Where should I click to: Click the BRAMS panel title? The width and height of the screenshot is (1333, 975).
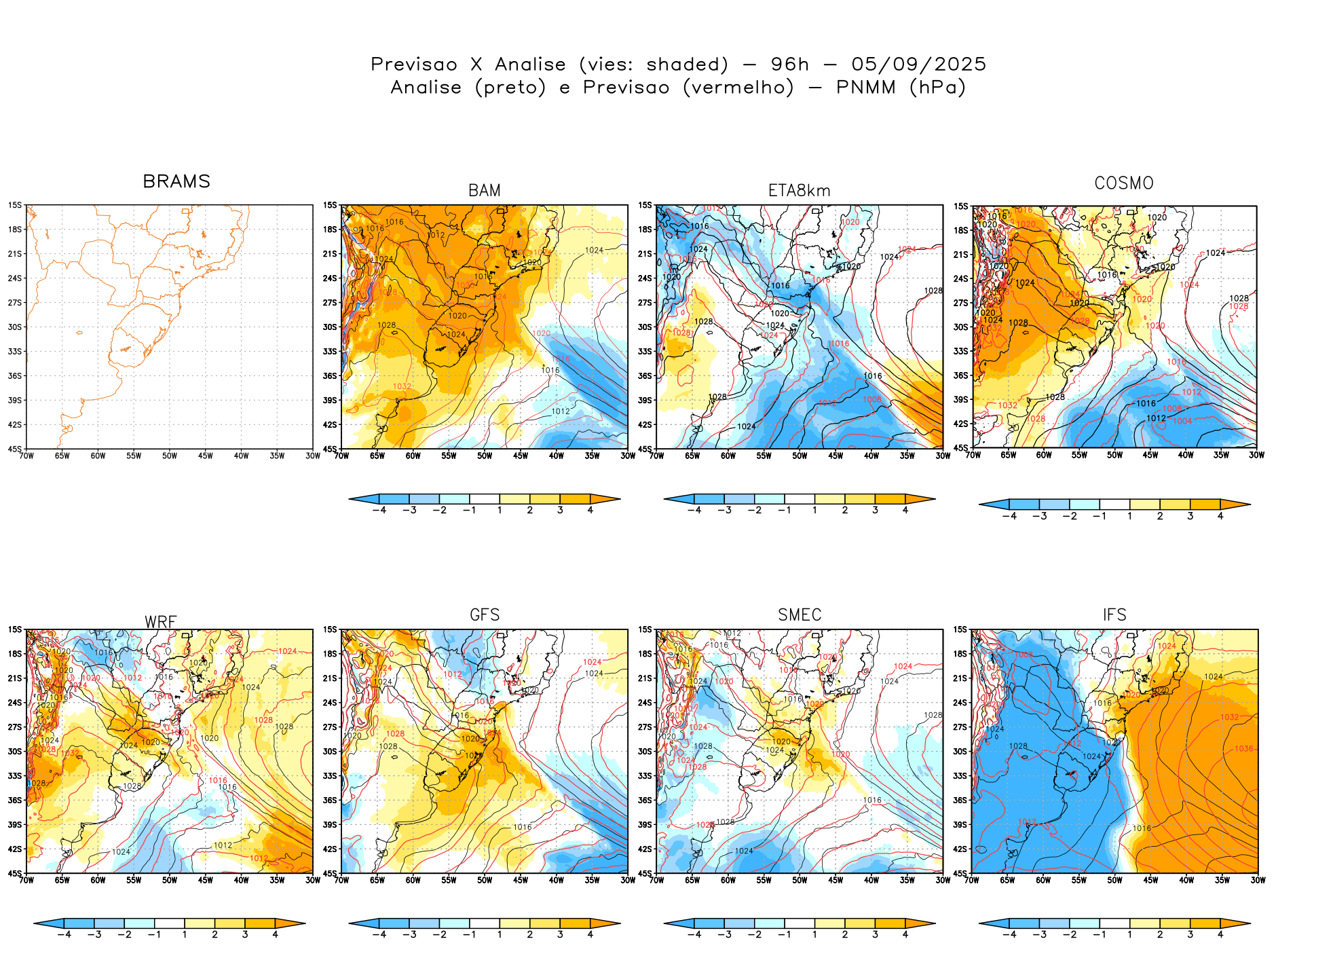coord(176,182)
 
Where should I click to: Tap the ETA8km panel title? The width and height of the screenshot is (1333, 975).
coord(799,191)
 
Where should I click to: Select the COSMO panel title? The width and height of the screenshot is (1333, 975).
coord(1124,183)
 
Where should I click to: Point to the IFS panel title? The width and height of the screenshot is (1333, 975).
coord(1114,615)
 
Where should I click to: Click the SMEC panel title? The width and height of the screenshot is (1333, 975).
coord(800,615)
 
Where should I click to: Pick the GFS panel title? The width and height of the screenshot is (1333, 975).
coord(485,615)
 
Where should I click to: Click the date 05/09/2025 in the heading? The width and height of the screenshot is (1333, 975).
coord(918,65)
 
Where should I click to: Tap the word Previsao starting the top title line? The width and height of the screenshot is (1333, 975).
coord(414,65)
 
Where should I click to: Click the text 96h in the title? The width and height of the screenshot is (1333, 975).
coord(790,65)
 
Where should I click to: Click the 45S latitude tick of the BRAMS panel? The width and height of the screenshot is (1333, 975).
coord(15,449)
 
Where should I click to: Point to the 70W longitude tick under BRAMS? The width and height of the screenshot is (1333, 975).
coord(26,456)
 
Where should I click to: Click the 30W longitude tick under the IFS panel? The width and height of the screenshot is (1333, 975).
coord(1258,880)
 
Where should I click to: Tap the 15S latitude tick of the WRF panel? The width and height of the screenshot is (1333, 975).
coord(15,629)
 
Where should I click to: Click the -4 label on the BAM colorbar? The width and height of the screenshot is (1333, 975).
coord(379,510)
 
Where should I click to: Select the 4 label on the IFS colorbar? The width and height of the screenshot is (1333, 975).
coord(1220,934)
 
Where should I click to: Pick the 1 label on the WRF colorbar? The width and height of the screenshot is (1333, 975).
coord(185,934)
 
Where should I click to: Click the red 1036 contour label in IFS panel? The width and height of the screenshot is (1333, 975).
coord(1244,749)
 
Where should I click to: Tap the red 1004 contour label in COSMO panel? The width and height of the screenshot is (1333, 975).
coord(1182,421)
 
